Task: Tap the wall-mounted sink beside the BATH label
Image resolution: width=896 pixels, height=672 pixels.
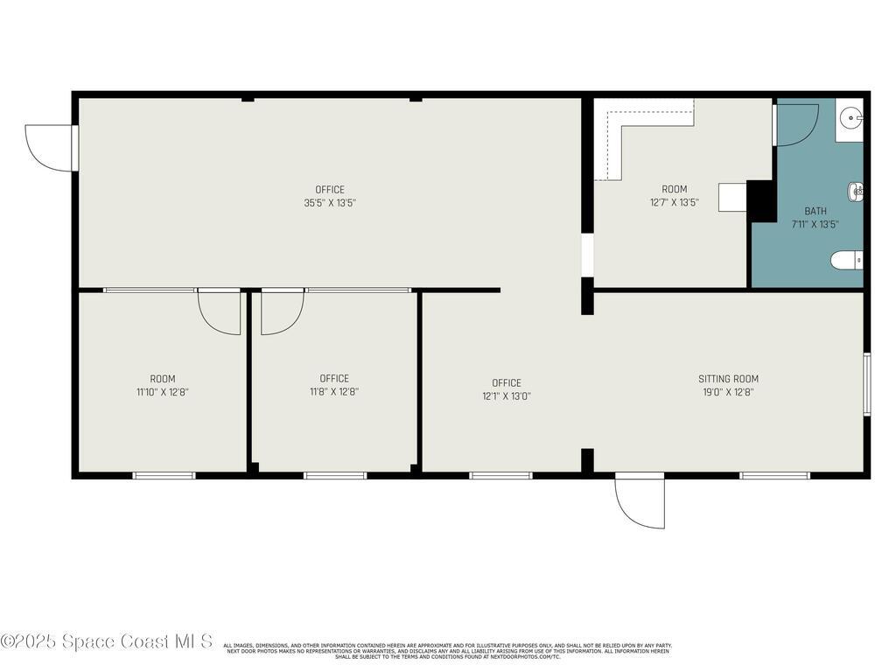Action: click(855, 191)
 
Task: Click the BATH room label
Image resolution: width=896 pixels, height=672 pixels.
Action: click(815, 211)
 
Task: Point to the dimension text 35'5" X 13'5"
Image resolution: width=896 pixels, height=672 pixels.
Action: click(330, 203)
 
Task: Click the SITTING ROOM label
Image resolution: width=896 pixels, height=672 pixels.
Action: click(728, 379)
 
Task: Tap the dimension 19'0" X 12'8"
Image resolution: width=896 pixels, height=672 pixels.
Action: click(728, 392)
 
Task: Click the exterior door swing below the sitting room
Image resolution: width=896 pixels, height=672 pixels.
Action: click(640, 502)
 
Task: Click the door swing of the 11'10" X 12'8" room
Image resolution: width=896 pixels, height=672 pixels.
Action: click(219, 311)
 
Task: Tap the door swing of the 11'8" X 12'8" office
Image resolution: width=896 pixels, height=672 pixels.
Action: click(282, 311)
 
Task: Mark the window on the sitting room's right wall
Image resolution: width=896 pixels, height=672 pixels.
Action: click(867, 383)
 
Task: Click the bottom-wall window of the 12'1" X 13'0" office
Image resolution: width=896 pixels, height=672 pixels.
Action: click(500, 475)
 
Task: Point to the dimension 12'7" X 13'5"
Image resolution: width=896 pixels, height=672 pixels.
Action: click(674, 203)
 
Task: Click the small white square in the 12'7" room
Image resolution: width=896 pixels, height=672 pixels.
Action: click(732, 197)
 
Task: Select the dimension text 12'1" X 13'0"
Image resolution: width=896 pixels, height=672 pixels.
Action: click(506, 395)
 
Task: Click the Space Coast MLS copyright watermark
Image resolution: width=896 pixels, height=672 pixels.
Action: click(107, 641)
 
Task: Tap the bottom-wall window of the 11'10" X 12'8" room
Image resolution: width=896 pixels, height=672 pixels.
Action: click(164, 475)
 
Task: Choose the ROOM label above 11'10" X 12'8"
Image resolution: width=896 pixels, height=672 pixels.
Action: click(163, 379)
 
